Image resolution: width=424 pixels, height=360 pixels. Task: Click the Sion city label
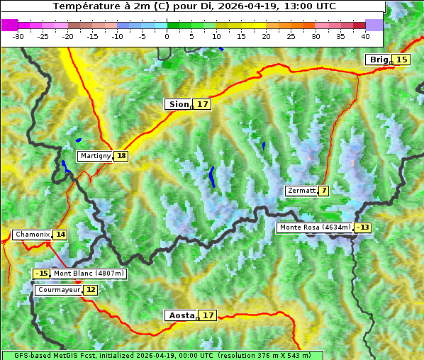coord(177,104)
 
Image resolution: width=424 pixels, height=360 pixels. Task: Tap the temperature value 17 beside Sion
coord(203,104)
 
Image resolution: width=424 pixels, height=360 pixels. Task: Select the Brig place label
coord(379,60)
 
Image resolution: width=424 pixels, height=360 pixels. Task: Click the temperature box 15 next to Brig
coord(402,60)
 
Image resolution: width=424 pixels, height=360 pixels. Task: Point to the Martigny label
coord(95,156)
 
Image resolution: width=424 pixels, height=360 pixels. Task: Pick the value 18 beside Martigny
coord(121,156)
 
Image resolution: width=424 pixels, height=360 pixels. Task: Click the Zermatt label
coord(301,191)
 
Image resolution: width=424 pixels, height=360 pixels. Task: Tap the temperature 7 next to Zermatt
coord(324,191)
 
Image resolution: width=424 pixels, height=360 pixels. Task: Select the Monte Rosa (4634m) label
coord(314,227)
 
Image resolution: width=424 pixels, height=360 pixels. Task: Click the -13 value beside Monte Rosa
coord(363,227)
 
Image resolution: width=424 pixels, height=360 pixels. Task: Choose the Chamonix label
coord(32,235)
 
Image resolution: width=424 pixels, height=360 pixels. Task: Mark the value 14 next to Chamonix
coord(60,235)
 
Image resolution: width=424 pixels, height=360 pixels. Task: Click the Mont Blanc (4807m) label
coord(89,274)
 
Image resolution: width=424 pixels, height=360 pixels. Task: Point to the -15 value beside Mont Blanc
coord(42,274)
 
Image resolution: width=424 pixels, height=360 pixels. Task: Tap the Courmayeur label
coord(59,290)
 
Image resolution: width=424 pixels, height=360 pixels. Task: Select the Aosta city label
coord(180,315)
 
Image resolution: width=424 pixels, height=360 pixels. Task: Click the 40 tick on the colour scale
coord(365,36)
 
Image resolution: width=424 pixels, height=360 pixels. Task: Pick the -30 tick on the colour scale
coord(18,36)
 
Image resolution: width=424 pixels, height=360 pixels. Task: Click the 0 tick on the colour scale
coord(167,36)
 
